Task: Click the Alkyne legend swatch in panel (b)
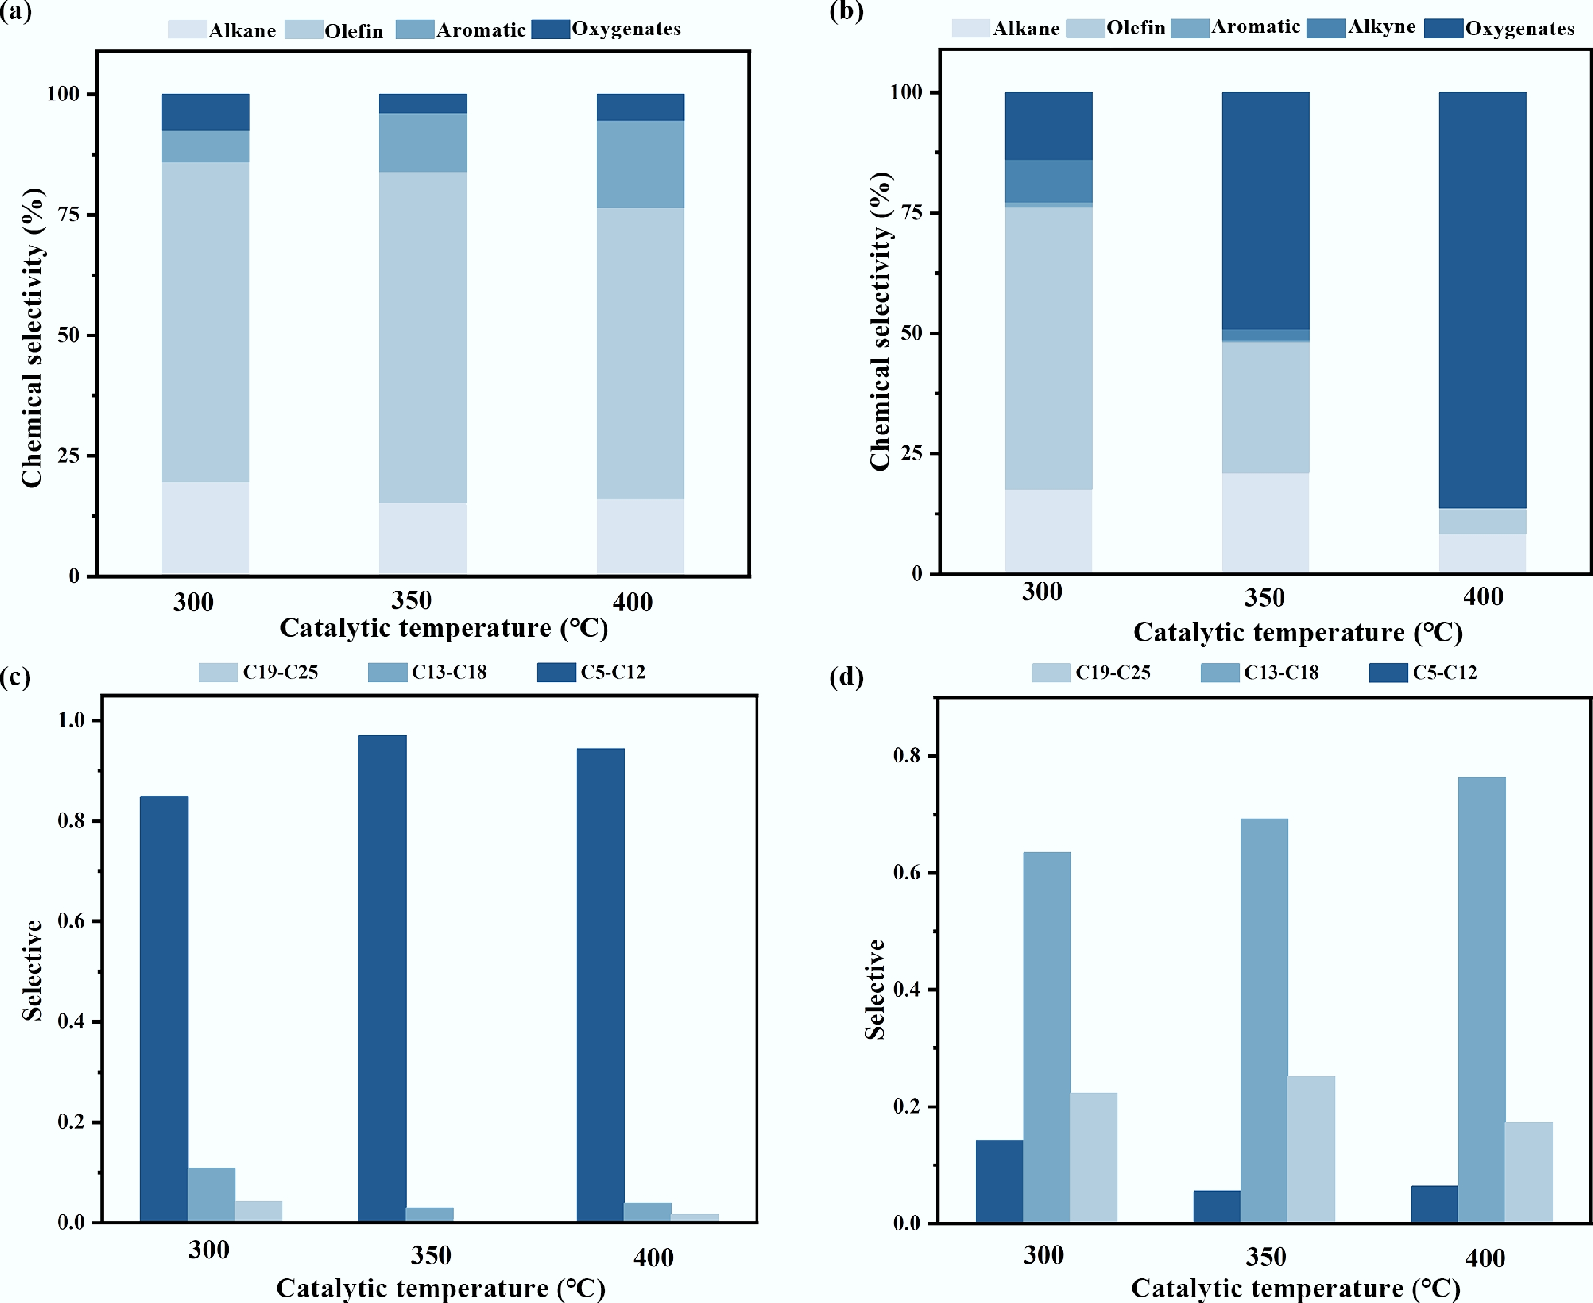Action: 1325,28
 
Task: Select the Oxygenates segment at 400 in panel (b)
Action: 1482,300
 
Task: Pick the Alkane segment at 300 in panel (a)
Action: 206,528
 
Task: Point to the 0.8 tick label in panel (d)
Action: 907,756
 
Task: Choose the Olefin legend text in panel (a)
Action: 354,31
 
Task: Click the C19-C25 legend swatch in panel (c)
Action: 218,672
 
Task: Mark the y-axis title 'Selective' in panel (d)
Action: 875,989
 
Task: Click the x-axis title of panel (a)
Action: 444,628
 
